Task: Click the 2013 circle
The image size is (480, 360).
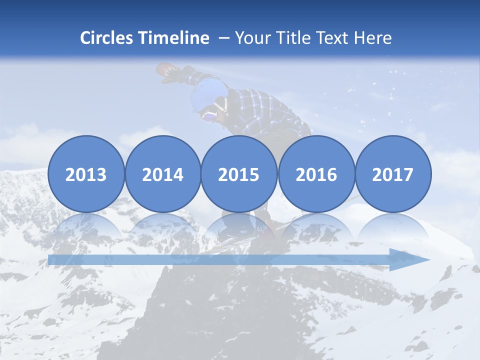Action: click(86, 174)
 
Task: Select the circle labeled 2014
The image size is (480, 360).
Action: click(162, 174)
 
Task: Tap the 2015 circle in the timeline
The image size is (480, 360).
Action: click(239, 174)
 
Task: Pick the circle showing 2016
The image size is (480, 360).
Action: click(316, 174)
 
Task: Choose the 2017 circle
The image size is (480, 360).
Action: click(392, 174)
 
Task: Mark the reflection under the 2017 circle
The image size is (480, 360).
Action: click(392, 227)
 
